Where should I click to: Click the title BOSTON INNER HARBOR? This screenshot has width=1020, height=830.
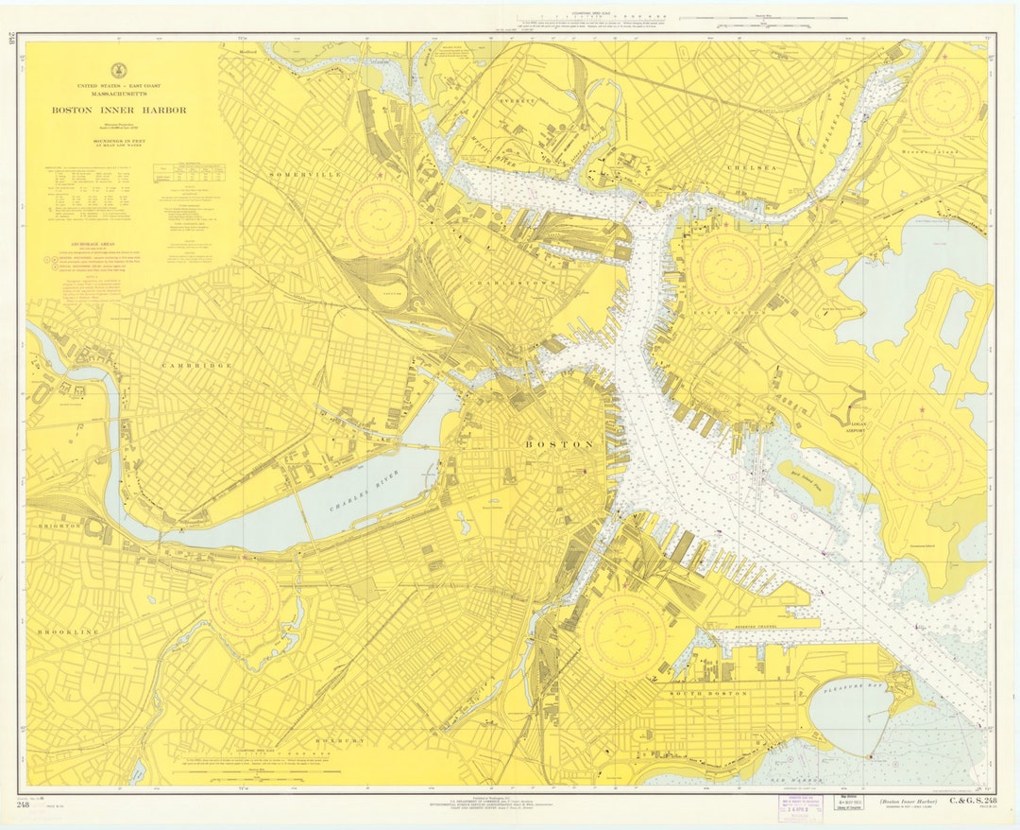(119, 110)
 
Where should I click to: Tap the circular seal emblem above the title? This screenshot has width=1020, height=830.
(119, 70)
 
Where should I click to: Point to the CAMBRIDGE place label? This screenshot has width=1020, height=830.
(196, 365)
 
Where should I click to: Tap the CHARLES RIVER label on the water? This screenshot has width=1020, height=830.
(363, 491)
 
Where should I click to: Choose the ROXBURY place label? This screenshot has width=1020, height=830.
(336, 741)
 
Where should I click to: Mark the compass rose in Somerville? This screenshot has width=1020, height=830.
(380, 220)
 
